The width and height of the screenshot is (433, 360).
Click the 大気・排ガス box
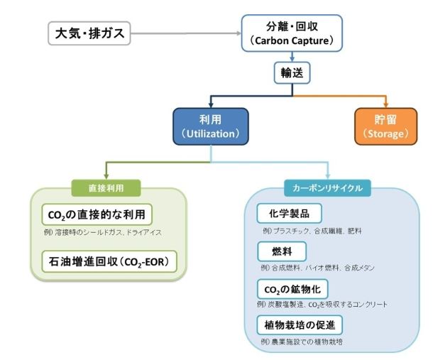pyautogui.click(x=89, y=33)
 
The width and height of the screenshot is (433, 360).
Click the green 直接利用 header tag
pyautogui.click(x=106, y=187)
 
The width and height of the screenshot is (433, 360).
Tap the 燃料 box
pyautogui.click(x=272, y=251)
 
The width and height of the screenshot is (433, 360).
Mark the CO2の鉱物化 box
pyautogui.click(x=292, y=288)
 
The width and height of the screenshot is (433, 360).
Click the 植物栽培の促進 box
pyautogui.click(x=300, y=325)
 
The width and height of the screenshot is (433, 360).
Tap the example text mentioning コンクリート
pyautogui.click(x=322, y=305)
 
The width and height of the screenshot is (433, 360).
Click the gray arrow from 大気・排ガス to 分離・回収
pyautogui.click(x=185, y=33)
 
